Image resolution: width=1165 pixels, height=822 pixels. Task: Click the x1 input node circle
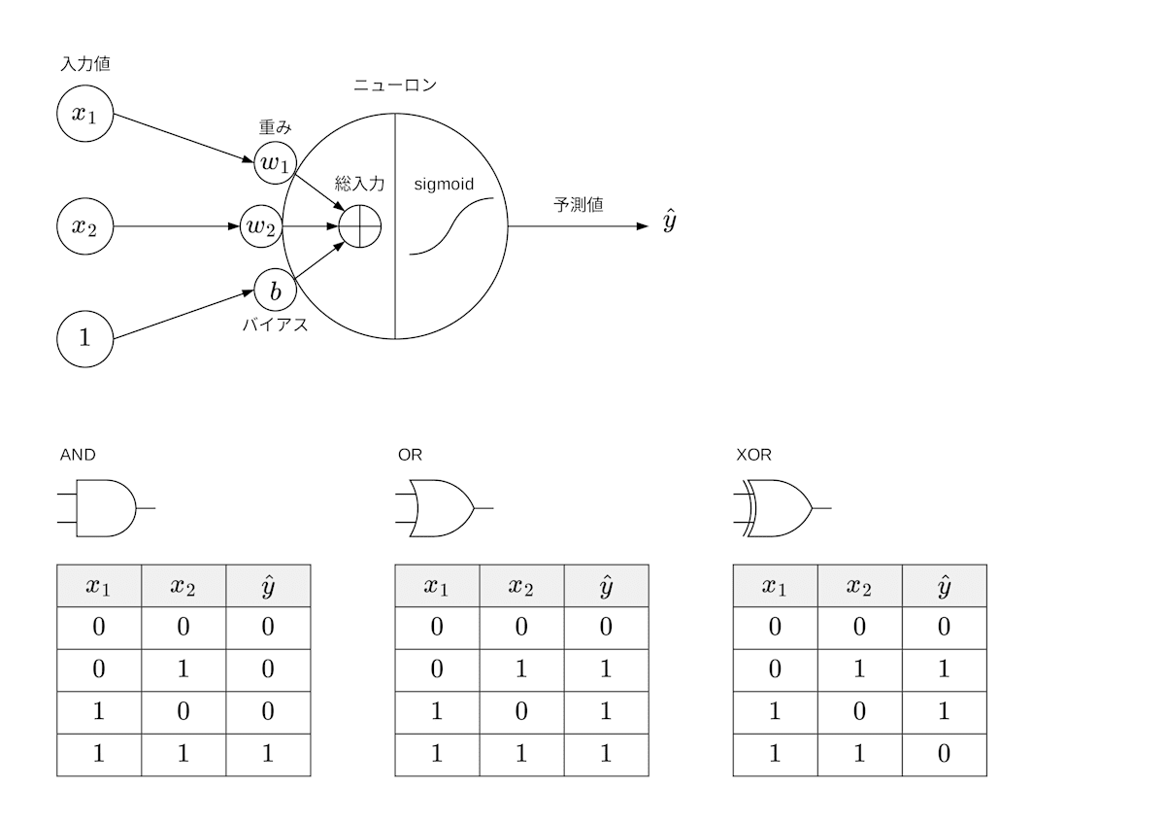click(x=84, y=113)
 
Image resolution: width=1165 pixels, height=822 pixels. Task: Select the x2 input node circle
click(x=84, y=226)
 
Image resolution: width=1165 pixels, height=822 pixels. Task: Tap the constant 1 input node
click(x=84, y=338)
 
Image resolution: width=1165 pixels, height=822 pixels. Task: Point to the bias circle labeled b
click(x=275, y=291)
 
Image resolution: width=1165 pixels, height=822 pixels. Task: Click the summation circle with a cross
click(x=359, y=227)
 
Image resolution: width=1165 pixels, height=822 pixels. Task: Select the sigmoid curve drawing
click(x=451, y=226)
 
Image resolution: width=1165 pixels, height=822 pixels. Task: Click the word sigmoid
click(x=444, y=183)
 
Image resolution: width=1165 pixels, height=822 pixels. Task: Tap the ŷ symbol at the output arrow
click(x=670, y=223)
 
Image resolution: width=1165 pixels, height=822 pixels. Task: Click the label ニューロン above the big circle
click(x=394, y=86)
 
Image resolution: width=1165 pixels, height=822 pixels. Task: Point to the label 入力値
click(x=85, y=64)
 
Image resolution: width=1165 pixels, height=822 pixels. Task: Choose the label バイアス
click(x=275, y=325)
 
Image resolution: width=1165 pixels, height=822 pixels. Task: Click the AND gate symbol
click(x=104, y=507)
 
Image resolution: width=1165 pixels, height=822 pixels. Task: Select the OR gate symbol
click(x=442, y=507)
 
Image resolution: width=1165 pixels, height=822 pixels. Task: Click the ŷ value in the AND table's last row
click(x=268, y=754)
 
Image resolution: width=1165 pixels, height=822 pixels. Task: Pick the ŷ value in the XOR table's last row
click(x=944, y=754)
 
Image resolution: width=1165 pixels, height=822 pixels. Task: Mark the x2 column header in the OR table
click(x=521, y=586)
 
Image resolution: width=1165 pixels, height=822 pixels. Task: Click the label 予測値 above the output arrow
click(x=579, y=206)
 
